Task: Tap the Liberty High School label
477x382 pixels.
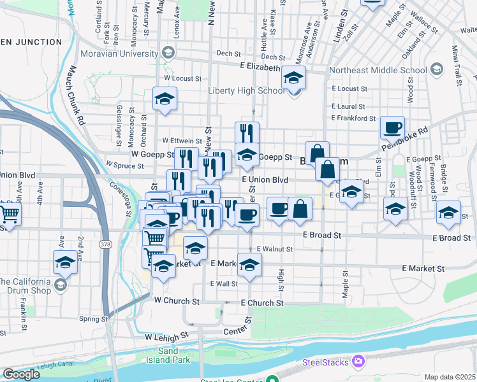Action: click(x=247, y=90)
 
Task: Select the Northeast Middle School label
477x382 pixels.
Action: click(x=378, y=70)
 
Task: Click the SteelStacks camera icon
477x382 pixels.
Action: click(x=358, y=362)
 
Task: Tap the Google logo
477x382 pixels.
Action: click(x=21, y=374)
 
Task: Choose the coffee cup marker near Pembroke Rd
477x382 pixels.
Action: click(x=392, y=127)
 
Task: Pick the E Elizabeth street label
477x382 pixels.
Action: click(x=261, y=66)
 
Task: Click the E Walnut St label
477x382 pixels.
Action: click(x=274, y=249)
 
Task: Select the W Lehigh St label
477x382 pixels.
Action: click(x=167, y=336)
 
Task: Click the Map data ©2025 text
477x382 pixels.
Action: click(x=450, y=377)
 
